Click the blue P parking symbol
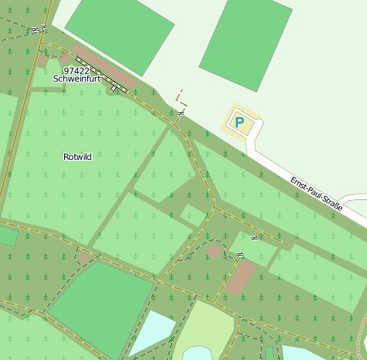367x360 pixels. click(x=240, y=123)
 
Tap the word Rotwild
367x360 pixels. click(x=77, y=156)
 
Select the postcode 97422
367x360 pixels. click(x=75, y=70)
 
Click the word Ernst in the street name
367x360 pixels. click(x=299, y=182)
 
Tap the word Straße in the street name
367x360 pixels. click(x=331, y=204)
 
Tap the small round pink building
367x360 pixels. click(x=214, y=251)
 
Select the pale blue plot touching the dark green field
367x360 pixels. click(x=151, y=331)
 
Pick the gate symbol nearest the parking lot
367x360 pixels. click(x=181, y=112)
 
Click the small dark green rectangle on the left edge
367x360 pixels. click(x=7, y=236)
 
